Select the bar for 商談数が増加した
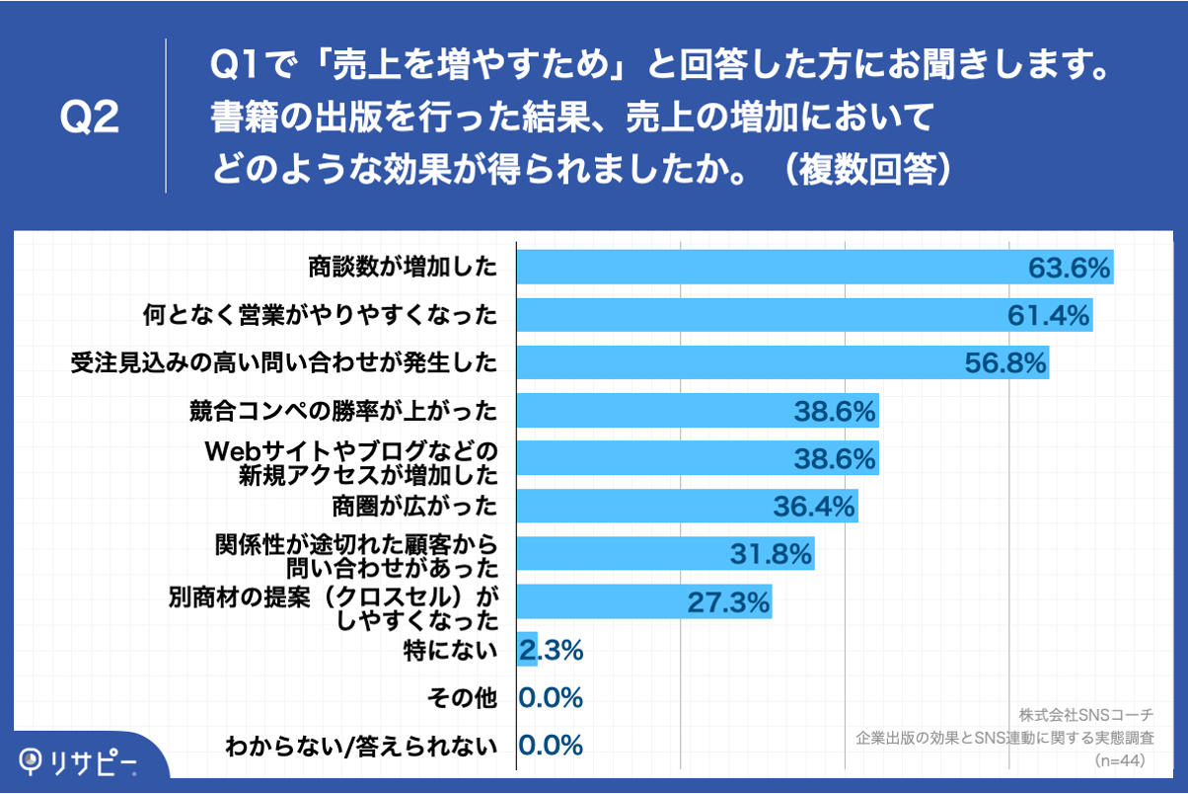pos(770,267)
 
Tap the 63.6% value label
pos(1070,268)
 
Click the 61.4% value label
pos(1048,315)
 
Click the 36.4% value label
pos(813,507)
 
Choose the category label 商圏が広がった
pos(413,507)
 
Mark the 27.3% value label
pos(728,601)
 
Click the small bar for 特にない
pos(527,649)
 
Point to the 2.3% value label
pos(553,650)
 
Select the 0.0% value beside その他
pos(552,697)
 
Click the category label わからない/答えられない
pos(360,746)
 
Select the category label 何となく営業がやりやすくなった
pos(319,315)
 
